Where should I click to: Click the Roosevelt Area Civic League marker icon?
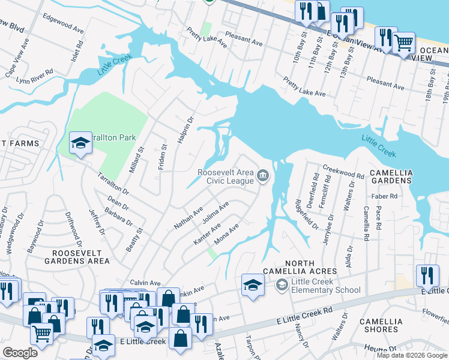(262, 175)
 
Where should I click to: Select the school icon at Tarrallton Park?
(80, 143)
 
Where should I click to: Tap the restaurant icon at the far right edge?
(427, 275)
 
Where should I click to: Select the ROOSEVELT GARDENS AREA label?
(76, 256)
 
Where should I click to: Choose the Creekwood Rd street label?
(344, 172)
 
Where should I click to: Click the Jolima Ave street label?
(215, 212)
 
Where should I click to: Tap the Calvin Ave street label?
(146, 283)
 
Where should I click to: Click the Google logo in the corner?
(20, 353)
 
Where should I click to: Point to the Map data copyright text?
(412, 355)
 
